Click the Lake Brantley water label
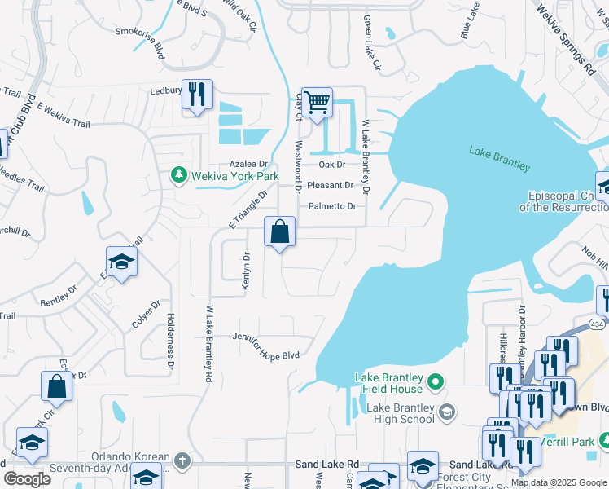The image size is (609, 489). coord(499,158)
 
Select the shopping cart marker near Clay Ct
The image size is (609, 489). coord(317,102)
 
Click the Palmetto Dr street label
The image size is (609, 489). coord(331,206)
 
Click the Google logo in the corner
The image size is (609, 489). coord(27,479)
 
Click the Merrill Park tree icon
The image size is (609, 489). coord(603,440)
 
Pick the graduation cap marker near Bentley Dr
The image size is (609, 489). coord(121,262)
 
